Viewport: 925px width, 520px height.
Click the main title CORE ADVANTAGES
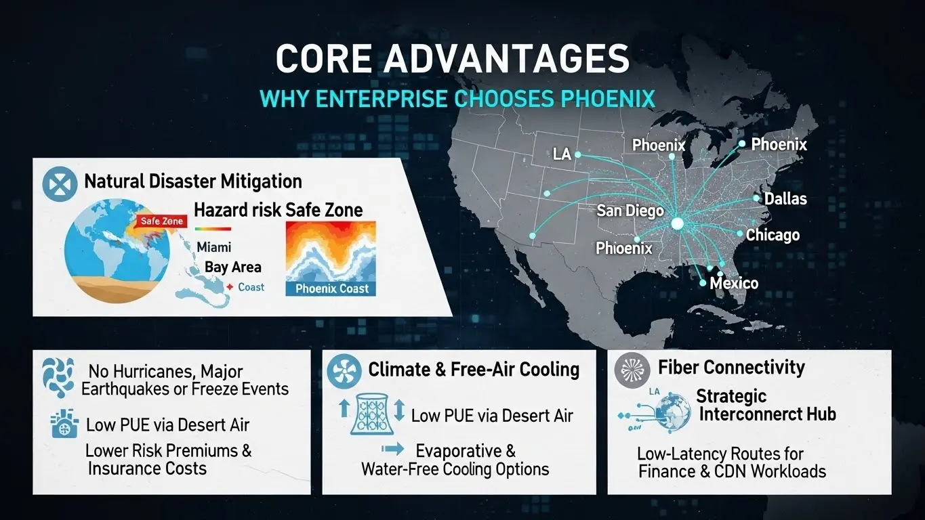click(x=452, y=58)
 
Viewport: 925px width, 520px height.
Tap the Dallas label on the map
click(x=785, y=199)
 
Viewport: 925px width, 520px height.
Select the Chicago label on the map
click(x=773, y=235)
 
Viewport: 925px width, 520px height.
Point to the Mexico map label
click(x=734, y=283)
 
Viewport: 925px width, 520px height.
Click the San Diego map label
click(x=630, y=211)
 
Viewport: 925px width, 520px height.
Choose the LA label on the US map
click(x=562, y=154)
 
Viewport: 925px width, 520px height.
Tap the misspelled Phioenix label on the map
click(x=623, y=248)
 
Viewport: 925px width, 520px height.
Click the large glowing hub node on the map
click(x=677, y=224)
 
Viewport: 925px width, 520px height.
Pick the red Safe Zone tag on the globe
click(x=161, y=221)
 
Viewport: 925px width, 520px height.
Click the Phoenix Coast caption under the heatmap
click(x=331, y=288)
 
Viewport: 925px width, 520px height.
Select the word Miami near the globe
click(x=213, y=247)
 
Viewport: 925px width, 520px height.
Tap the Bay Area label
click(x=233, y=267)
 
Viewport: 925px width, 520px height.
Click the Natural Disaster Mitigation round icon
click(x=60, y=183)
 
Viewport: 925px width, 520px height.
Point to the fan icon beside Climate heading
click(x=344, y=371)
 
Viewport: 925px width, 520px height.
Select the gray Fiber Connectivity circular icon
click(x=632, y=370)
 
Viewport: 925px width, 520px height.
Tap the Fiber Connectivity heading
click(x=731, y=367)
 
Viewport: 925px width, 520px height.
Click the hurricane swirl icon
click(x=59, y=377)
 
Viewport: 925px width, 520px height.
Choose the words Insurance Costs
click(x=147, y=469)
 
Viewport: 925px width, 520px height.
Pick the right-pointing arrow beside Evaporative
click(x=393, y=449)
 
